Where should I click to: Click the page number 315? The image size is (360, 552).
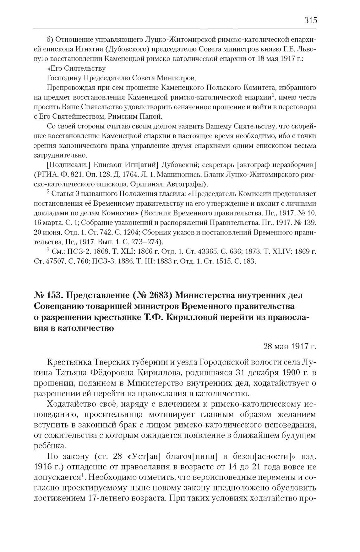[311, 20]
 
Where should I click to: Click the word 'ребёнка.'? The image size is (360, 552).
[46, 446]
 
